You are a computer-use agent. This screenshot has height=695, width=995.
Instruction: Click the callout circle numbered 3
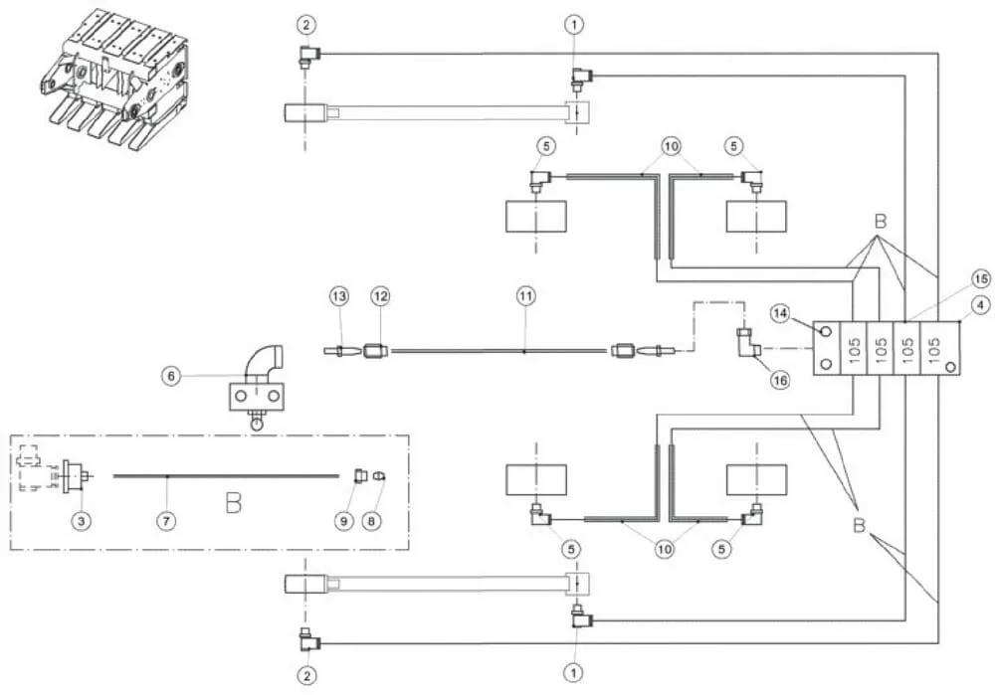point(82,521)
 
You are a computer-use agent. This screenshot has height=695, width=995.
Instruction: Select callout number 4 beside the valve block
point(981,305)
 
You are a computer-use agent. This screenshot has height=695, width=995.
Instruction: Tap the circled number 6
point(171,377)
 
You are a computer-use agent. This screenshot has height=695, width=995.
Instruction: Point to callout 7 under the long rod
point(166,521)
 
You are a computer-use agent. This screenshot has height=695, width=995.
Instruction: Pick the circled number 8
point(372,521)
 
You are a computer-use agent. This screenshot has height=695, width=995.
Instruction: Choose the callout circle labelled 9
point(344,521)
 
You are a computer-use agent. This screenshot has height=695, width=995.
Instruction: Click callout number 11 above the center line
point(526,296)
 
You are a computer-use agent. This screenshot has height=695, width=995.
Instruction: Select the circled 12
point(380,296)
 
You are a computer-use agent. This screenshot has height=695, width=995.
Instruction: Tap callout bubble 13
point(339,296)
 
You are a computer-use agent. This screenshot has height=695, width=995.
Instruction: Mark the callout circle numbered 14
point(780,312)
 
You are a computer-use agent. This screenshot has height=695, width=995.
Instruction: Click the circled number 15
point(981,278)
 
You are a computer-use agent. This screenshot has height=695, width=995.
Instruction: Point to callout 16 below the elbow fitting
point(780,380)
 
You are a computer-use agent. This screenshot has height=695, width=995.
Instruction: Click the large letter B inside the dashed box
point(234,503)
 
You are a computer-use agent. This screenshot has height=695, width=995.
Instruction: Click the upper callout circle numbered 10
point(671,146)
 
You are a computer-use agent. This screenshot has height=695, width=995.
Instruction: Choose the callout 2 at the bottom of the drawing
point(307,676)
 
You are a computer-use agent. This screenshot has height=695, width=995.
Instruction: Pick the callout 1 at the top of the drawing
point(574,25)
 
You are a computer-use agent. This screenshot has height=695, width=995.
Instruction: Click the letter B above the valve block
point(881,222)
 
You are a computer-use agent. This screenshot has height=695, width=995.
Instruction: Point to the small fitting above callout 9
point(360,475)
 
